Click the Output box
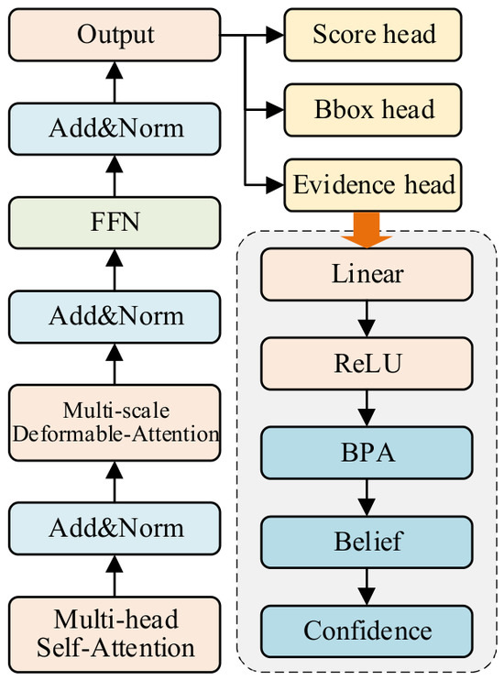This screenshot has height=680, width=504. (x=115, y=35)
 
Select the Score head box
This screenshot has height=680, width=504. (x=373, y=35)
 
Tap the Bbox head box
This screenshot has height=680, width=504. (x=373, y=110)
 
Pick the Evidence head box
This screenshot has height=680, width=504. (x=373, y=185)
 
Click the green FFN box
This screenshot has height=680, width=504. (x=115, y=223)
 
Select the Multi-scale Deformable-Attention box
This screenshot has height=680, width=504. (x=115, y=422)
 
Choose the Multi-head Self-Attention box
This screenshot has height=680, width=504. (x=115, y=634)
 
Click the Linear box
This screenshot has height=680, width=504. (x=367, y=275)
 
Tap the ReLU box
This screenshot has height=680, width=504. (x=367, y=364)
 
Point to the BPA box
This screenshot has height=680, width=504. (x=367, y=453)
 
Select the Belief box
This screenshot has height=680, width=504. (x=367, y=543)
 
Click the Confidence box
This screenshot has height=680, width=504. (x=367, y=631)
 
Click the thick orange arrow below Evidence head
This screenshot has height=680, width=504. (x=367, y=230)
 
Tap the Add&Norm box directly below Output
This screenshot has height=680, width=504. (x=115, y=129)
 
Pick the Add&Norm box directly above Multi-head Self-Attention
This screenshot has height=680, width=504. (x=115, y=528)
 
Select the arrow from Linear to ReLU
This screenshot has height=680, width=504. (x=367, y=319)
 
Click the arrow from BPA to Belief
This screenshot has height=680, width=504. (x=367, y=498)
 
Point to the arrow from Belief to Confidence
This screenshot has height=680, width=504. (x=367, y=587)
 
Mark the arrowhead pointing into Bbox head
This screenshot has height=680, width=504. (x=275, y=110)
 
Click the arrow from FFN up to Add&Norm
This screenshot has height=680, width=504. (x=115, y=176)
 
